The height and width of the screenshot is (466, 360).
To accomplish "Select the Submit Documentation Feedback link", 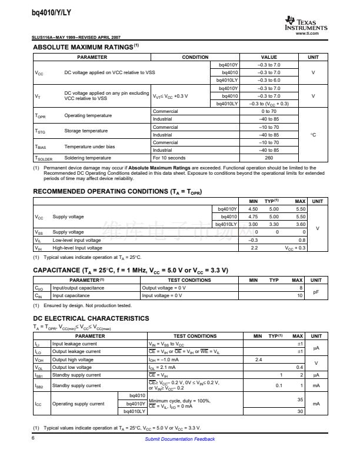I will [x=179, y=439].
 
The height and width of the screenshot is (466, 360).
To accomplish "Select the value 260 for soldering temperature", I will [x=269, y=158].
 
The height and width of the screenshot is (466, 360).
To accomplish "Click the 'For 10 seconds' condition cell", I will [x=169, y=158].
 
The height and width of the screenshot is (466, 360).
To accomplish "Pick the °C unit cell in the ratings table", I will [x=313, y=135].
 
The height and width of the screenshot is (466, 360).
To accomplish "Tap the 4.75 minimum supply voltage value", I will [x=253, y=217].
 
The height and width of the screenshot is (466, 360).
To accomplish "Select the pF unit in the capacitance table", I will [x=316, y=291].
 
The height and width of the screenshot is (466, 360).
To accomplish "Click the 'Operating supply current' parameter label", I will [x=78, y=404].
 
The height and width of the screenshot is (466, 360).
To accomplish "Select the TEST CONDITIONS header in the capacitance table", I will [x=189, y=280].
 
